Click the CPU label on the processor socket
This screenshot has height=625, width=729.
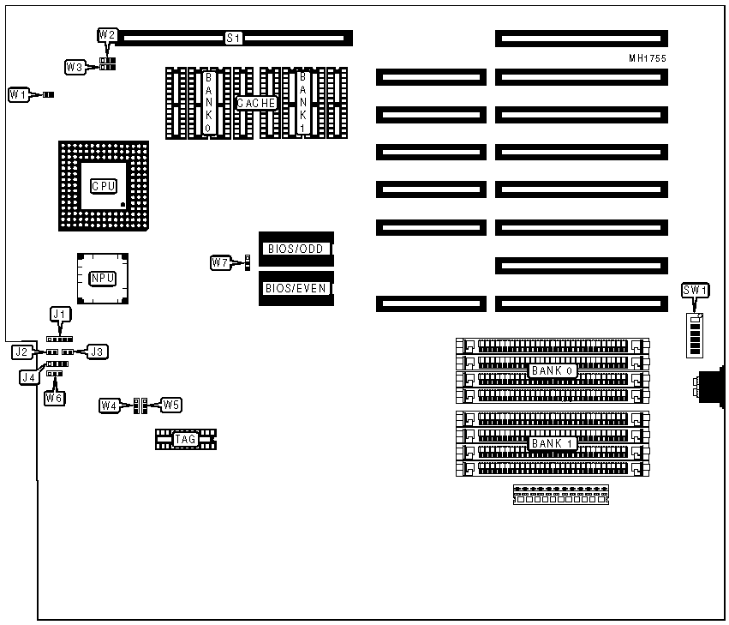pos(104,186)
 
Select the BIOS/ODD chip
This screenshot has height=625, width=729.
pos(296,249)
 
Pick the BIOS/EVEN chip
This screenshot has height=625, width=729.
pos(296,288)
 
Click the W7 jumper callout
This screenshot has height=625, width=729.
pos(221,262)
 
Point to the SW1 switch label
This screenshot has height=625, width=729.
pos(695,291)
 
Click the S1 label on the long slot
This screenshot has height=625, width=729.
pos(234,39)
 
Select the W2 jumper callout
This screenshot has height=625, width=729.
pos(107,35)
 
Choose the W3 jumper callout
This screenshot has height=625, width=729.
pos(75,66)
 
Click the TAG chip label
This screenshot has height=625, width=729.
pos(185,440)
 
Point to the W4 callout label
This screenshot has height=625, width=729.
pos(109,405)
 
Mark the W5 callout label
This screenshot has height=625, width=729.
pos(171,405)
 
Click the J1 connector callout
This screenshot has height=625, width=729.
pos(58,316)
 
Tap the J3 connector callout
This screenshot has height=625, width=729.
pos(98,351)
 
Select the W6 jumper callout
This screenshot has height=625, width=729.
pos(55,398)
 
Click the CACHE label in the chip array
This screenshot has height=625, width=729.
pos(257,103)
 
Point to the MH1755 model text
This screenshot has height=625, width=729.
pos(647,58)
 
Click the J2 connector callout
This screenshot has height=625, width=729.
pos(22,352)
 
